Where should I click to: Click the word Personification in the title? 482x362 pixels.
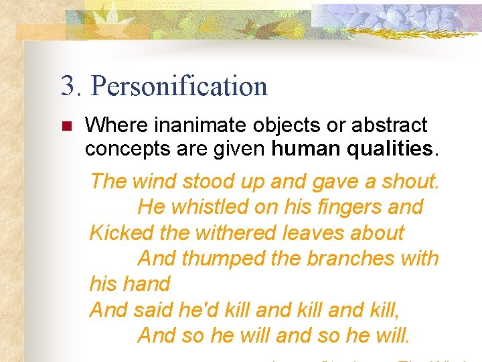pos(179,86)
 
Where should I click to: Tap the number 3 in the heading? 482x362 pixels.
pos(67,86)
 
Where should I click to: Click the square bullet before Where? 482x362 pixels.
pos(66,126)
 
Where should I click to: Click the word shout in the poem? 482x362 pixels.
pos(410,181)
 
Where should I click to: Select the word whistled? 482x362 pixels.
pos(208,207)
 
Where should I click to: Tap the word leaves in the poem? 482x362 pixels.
pos(310,233)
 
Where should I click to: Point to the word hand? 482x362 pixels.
pos(148,284)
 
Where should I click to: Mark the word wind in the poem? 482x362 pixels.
pos(154,181)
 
